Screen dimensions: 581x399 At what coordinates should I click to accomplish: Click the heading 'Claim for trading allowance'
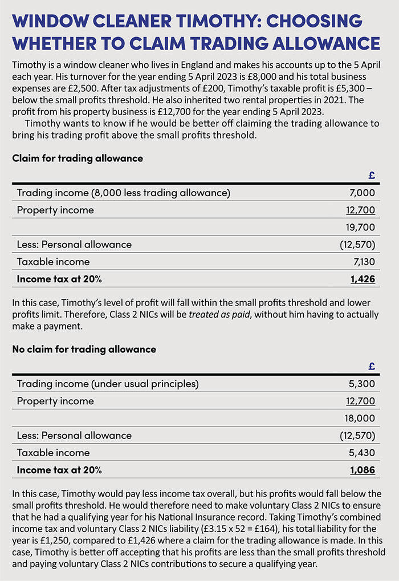click(x=78, y=159)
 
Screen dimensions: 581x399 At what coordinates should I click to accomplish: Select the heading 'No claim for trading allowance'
click(x=84, y=349)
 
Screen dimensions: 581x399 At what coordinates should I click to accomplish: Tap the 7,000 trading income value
click(x=362, y=193)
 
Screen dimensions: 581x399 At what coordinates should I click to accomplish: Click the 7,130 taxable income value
click(x=363, y=262)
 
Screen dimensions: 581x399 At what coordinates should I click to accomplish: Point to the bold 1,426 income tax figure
click(x=363, y=279)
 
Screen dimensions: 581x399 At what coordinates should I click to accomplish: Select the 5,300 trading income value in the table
click(x=362, y=384)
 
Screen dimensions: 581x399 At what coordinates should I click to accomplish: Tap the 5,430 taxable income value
click(x=362, y=452)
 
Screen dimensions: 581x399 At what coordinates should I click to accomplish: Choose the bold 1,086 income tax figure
click(x=362, y=470)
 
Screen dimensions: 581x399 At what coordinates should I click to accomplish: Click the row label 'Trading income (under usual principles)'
click(x=108, y=384)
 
